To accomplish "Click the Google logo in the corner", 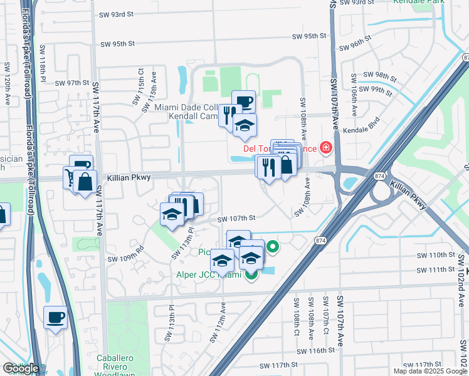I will coord(21,368).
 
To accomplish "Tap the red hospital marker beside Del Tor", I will coord(325,149).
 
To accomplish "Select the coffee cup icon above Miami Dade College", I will coord(243,101).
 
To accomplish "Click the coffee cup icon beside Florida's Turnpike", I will coord(56,317).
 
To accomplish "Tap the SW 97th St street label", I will coord(73,83).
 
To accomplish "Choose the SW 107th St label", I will coord(237,219).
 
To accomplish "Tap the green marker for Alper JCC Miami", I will coord(251,274).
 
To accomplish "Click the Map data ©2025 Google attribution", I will coord(430,371).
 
